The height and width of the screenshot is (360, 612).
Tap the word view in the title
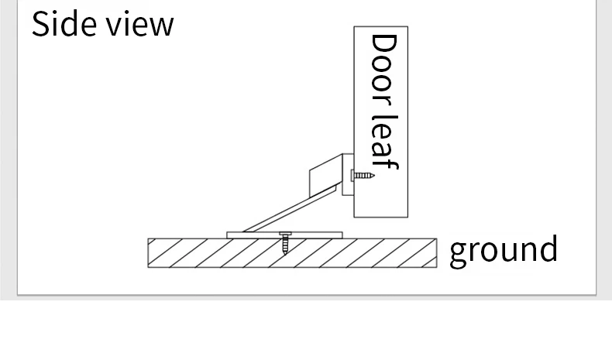point(139,25)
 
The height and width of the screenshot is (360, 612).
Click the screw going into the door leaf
point(363,176)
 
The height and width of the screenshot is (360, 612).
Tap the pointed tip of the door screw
point(373,176)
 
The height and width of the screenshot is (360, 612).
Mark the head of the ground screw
point(285,233)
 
